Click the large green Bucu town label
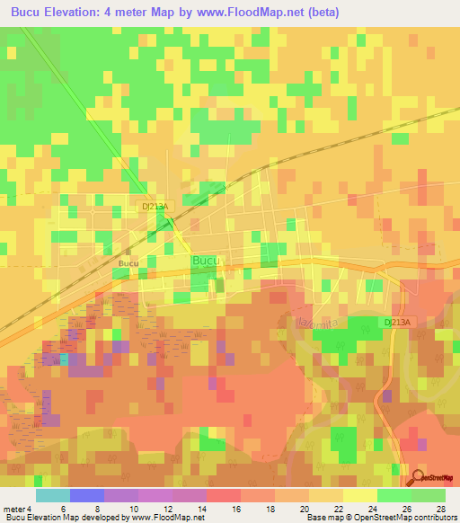coord(206,261)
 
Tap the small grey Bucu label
coord(128,263)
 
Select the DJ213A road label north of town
coord(155,206)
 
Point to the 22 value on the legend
coord(338,508)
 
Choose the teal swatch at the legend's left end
coord(52,495)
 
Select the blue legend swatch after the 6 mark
coord(86,495)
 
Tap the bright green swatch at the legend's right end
coord(429,495)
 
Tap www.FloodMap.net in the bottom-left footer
coord(169,518)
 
